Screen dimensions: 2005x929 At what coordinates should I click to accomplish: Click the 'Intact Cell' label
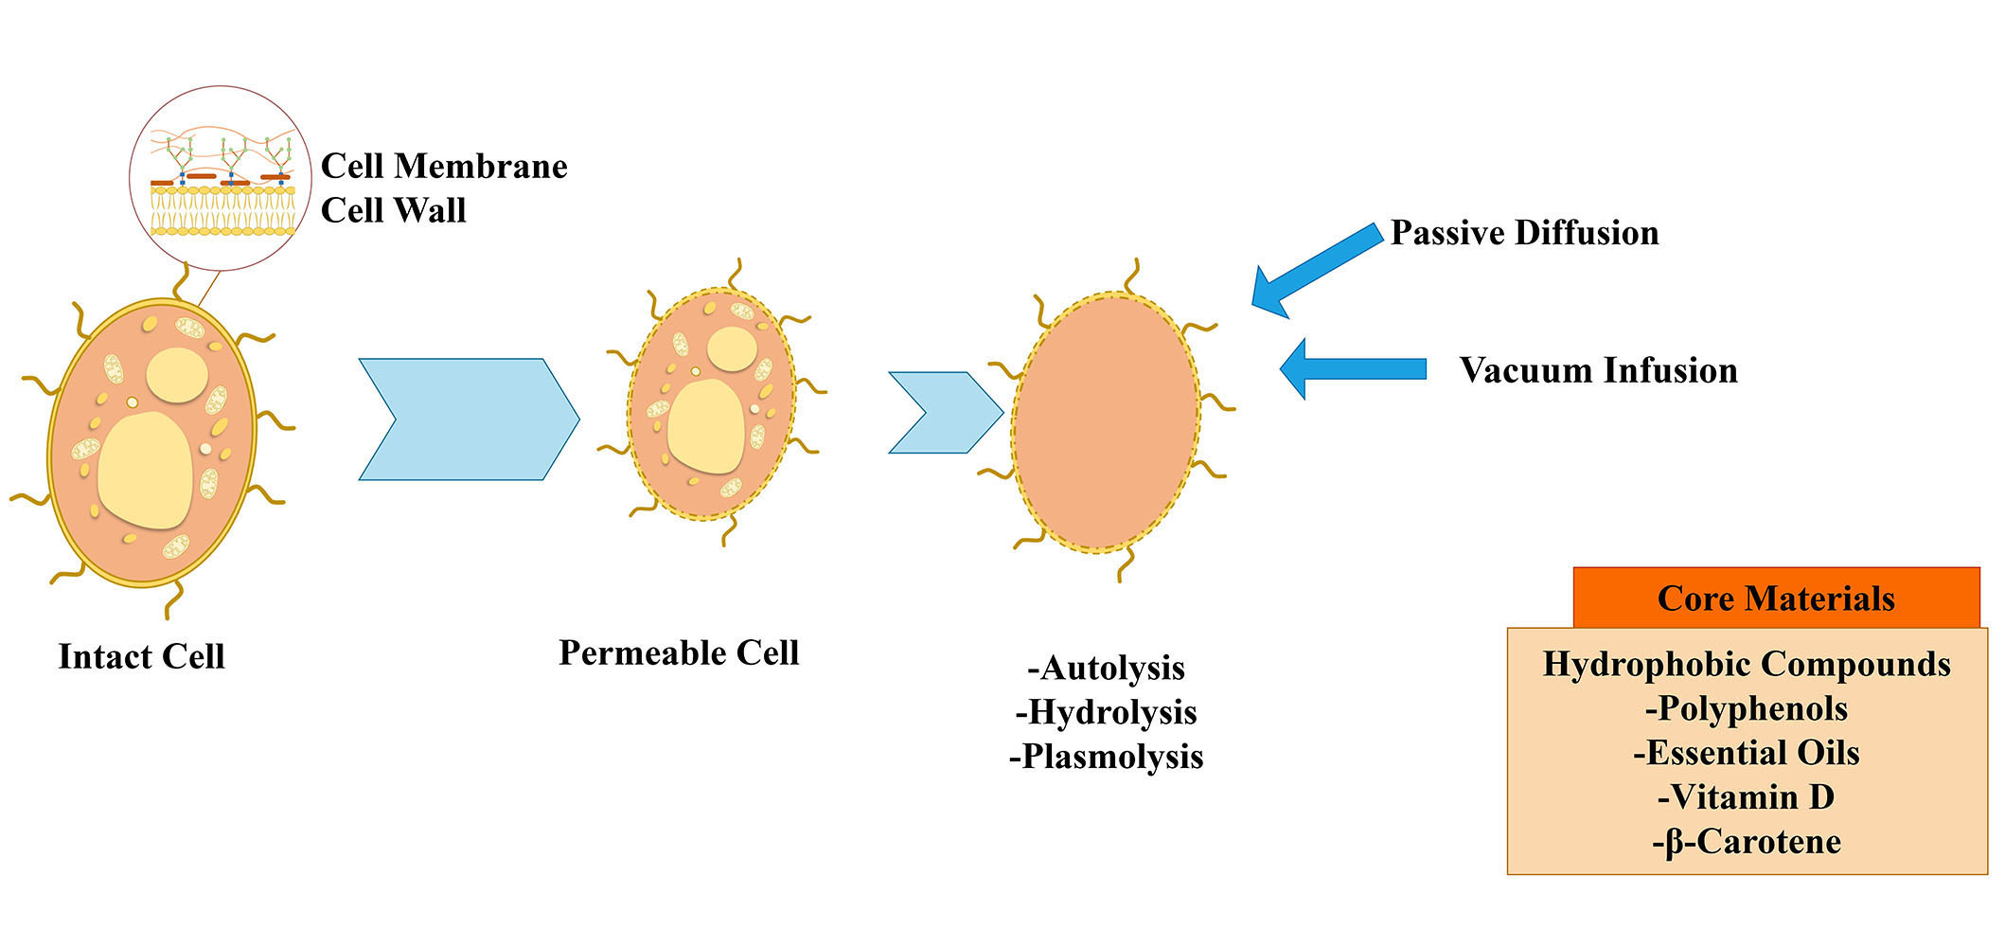[x=141, y=656]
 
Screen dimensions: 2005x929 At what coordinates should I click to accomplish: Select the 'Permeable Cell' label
[x=679, y=652]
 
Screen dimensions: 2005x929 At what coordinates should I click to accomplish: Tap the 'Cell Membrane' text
[x=444, y=166]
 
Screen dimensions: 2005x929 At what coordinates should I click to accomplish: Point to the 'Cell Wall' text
[x=394, y=210]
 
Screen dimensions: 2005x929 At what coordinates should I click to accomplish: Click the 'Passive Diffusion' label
[x=1524, y=233]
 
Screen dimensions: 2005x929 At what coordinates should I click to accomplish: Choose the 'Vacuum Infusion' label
[x=1598, y=370]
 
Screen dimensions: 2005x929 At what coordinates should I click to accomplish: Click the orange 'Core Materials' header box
[x=1776, y=598]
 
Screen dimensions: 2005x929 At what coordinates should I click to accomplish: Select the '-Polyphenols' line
[x=1747, y=708]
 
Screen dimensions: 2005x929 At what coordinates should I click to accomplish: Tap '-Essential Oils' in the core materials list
[x=1747, y=753]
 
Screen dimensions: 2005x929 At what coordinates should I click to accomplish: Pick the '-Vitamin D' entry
[x=1747, y=797]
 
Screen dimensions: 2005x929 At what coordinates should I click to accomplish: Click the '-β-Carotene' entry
[x=1747, y=842]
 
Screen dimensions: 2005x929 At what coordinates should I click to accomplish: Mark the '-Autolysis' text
[x=1106, y=668]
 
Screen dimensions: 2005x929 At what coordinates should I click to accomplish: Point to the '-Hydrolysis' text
[x=1106, y=712]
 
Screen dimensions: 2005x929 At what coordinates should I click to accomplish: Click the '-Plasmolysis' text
[x=1106, y=757]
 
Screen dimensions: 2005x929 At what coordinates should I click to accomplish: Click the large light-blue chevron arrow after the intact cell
[x=469, y=420]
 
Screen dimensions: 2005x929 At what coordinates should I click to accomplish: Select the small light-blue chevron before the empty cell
[x=946, y=413]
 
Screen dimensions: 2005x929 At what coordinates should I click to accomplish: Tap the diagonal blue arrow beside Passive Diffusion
[x=1316, y=271]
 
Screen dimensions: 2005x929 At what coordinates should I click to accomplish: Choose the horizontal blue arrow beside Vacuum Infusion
[x=1353, y=368]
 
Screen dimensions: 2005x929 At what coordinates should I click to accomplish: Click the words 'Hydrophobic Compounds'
[x=1747, y=664]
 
